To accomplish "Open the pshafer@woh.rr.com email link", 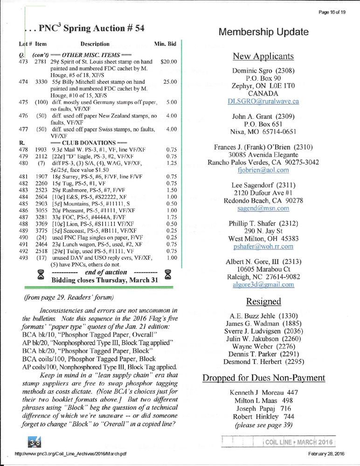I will (x=263, y=238).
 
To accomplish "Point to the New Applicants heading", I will (x=263, y=57).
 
